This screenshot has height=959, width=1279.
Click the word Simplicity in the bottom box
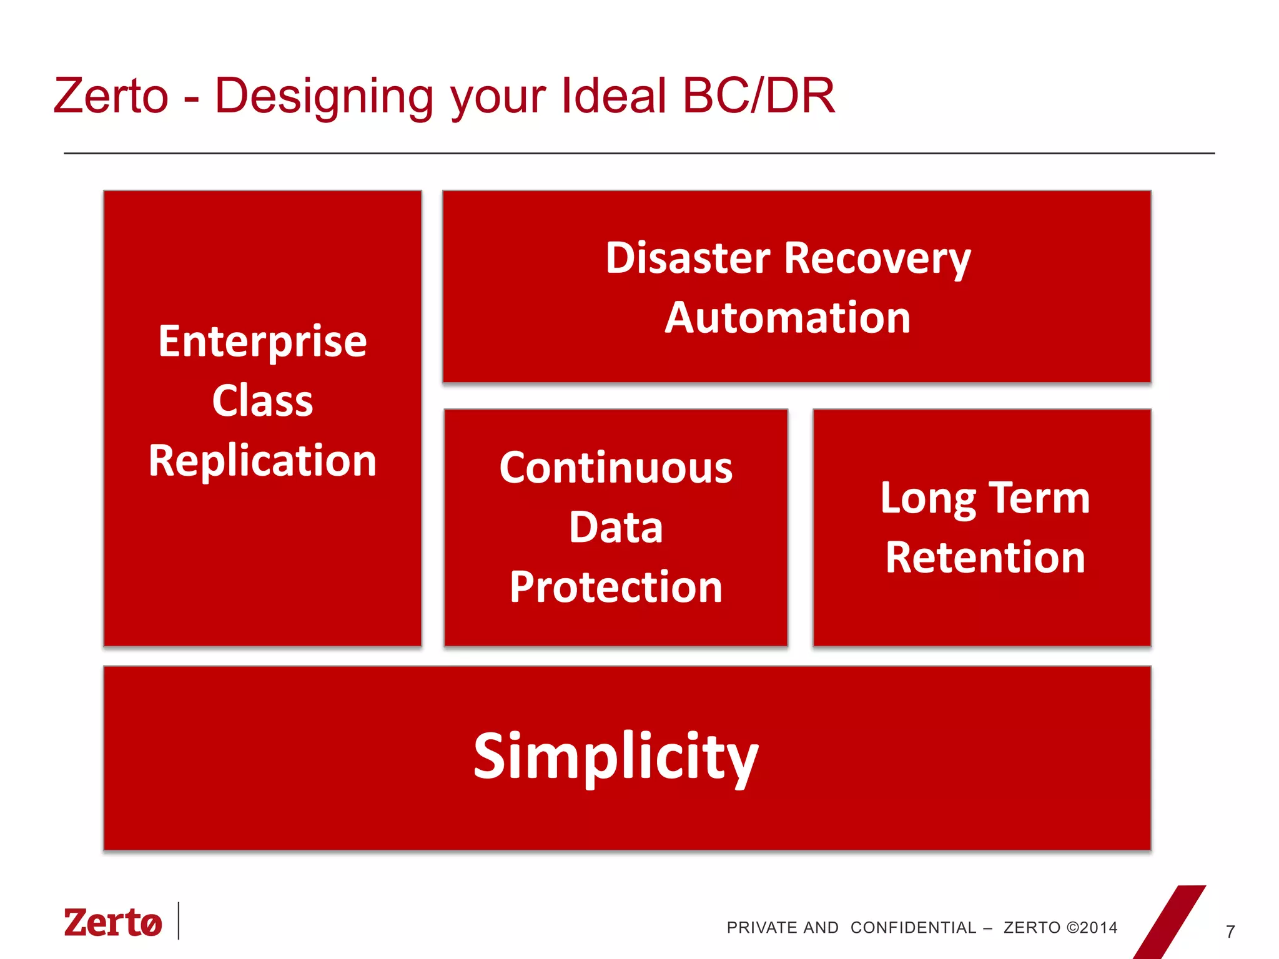(615, 757)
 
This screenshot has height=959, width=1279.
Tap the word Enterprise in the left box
(262, 342)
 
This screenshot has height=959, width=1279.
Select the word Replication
(262, 461)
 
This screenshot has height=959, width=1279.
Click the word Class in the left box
(262, 401)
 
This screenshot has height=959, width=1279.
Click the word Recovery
(877, 259)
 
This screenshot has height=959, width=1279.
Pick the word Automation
(788, 318)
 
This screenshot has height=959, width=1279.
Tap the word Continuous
(616, 468)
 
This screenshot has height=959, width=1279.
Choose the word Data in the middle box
(616, 528)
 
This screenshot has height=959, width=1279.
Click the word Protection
(616, 588)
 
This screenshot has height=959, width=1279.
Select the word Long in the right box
(927, 499)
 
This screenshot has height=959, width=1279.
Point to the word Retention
(985, 558)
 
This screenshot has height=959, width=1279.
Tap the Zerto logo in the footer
(113, 922)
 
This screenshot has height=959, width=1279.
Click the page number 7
(1230, 932)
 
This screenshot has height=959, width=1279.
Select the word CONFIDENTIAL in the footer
(913, 928)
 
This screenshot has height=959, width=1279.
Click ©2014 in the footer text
(1092, 928)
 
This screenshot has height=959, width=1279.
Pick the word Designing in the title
(323, 97)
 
